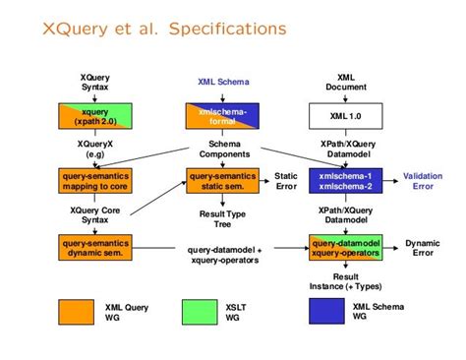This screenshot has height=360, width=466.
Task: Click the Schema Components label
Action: click(x=218, y=149)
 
